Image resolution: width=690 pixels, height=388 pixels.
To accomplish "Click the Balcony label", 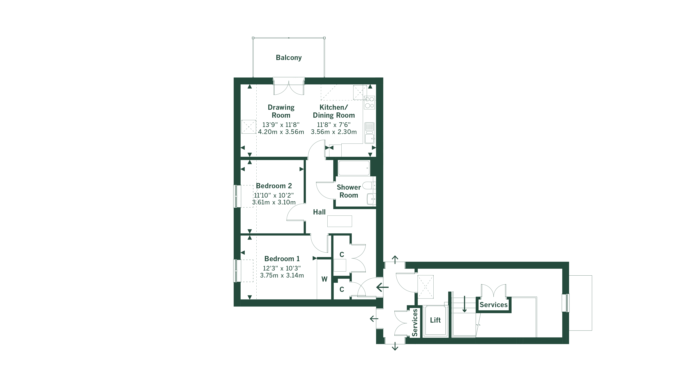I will click(289, 57).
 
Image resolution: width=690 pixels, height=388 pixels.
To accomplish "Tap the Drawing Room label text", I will click(281, 111).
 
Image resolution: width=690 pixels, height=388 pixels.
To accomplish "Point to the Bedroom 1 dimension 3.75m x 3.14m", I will click(282, 275).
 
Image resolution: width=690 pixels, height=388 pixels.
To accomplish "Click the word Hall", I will click(319, 212).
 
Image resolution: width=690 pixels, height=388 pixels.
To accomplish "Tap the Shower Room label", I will click(349, 191).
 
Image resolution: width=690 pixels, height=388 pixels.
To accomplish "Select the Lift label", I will click(435, 320).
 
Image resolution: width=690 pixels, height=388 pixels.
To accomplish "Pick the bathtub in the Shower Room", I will click(354, 168).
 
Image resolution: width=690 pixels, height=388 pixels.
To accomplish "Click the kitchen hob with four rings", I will click(370, 102).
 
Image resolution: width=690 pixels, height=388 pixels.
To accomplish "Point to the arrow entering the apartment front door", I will click(383, 288).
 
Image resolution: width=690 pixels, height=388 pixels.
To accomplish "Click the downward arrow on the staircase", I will click(464, 304).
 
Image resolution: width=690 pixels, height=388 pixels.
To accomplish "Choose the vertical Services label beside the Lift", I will click(415, 323).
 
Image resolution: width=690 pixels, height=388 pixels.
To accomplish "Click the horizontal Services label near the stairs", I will click(493, 305).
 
